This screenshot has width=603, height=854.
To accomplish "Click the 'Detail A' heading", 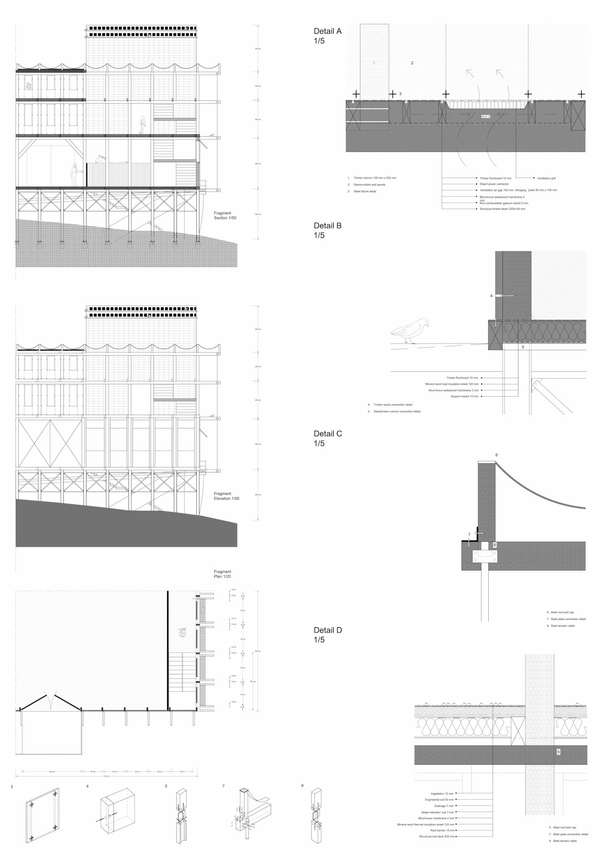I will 327,36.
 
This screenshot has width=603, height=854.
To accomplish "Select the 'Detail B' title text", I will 327,230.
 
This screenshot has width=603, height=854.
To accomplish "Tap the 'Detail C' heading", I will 328,438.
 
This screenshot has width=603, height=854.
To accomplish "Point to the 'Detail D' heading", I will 328,635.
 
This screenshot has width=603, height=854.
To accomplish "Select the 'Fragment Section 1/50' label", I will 225,216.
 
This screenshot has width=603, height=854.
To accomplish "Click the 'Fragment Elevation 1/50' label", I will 226,496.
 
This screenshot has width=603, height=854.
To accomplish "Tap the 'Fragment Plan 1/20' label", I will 222,574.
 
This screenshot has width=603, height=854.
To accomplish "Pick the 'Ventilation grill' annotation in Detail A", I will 546,178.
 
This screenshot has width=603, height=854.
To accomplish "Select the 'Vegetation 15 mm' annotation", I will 442,794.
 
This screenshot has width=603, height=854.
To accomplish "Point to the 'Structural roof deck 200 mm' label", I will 437,836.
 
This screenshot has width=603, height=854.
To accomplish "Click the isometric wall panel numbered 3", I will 42,816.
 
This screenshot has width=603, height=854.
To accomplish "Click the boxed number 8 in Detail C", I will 495,545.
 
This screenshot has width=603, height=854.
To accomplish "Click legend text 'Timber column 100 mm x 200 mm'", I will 375,178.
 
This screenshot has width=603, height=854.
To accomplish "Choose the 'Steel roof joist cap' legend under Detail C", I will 563,613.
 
